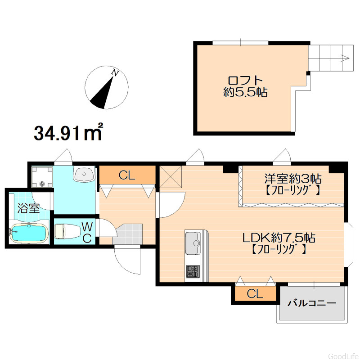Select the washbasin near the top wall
click(x=84, y=174)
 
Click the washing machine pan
click(x=42, y=177)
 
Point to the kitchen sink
click(x=193, y=243)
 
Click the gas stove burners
click(x=193, y=271)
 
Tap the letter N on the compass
click(x=115, y=72)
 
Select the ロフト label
click(x=245, y=81)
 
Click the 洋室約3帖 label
click(x=293, y=178)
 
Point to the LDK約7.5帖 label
click(x=279, y=238)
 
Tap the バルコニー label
click(x=311, y=303)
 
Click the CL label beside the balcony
click(x=255, y=294)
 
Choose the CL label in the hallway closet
click(x=127, y=175)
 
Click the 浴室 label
click(x=29, y=208)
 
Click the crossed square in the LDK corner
click(x=171, y=176)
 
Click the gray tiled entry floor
click(x=127, y=234)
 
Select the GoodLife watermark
click(x=343, y=356)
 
